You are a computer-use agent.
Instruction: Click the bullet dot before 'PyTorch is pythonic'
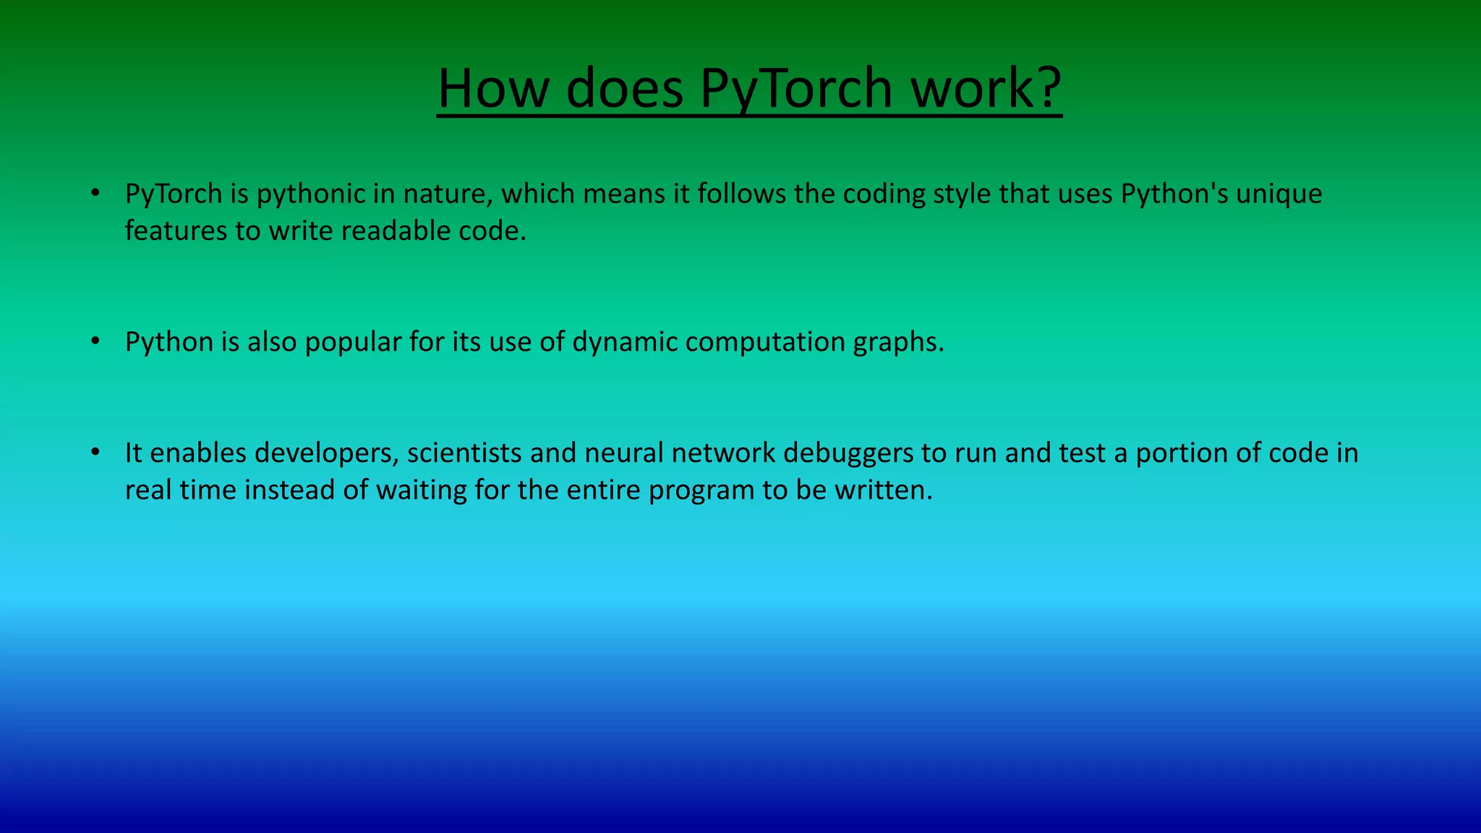tap(95, 193)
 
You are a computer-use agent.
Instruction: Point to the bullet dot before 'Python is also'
tap(95, 341)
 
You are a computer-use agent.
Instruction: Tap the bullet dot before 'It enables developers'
tap(95, 453)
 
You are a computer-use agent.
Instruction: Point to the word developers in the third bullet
tap(327, 453)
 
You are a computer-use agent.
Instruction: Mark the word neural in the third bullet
tap(624, 453)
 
